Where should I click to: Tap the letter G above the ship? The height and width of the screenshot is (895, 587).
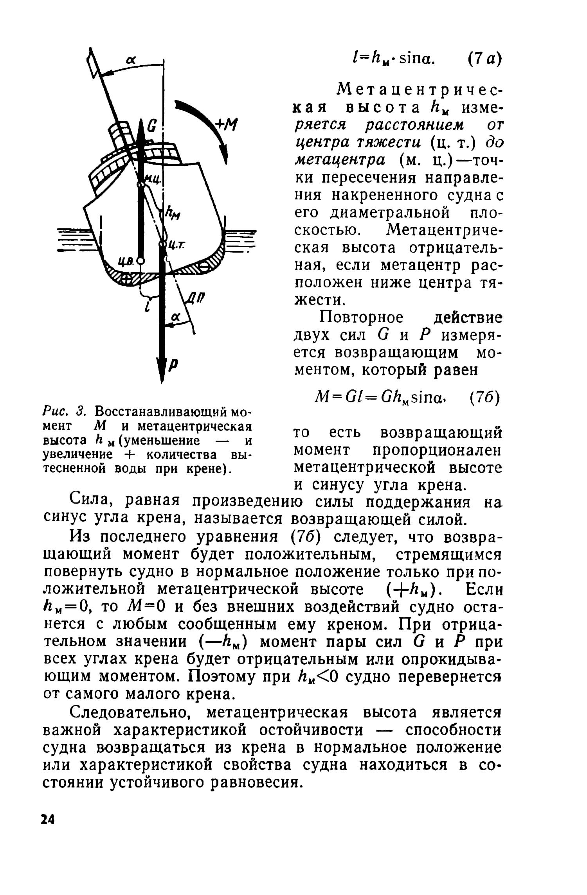click(153, 127)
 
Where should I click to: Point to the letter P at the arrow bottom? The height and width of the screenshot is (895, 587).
click(173, 365)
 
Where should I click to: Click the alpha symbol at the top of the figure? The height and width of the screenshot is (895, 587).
click(131, 59)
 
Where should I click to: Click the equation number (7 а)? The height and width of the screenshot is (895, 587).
click(484, 60)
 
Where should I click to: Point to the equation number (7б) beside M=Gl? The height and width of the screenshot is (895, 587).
click(484, 399)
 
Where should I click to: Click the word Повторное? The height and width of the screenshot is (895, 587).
click(361, 317)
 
